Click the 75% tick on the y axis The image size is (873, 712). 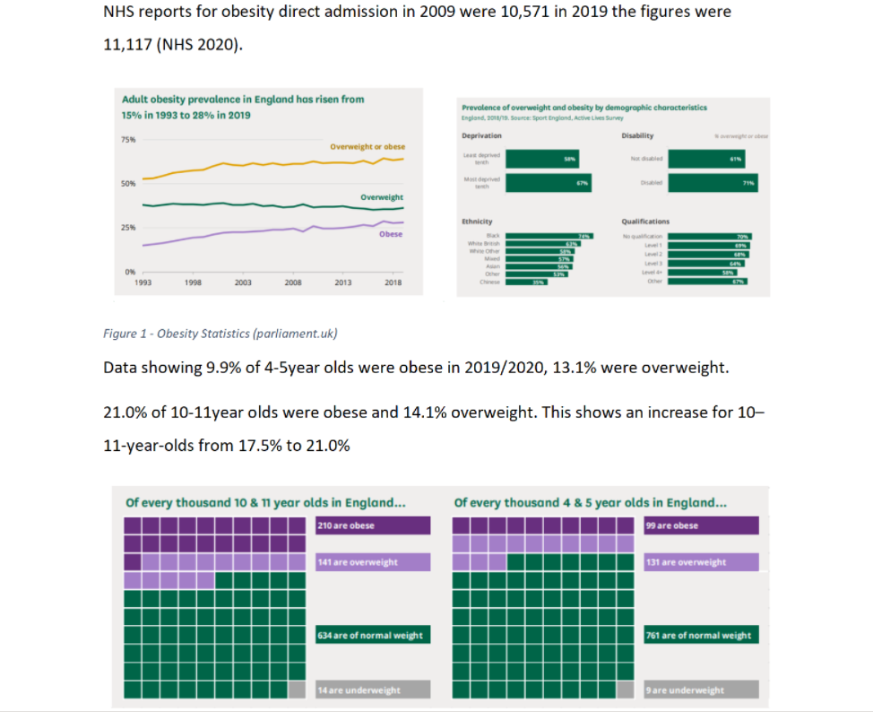pyautogui.click(x=127, y=140)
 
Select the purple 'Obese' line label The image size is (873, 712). pyautogui.click(x=390, y=234)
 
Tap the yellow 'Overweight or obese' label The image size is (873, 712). pyautogui.click(x=367, y=147)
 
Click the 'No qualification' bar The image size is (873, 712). pyautogui.click(x=713, y=236)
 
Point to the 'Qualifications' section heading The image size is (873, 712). pyautogui.click(x=645, y=221)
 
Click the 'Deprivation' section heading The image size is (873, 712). pyautogui.click(x=481, y=135)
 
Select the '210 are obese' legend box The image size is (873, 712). pyautogui.click(x=372, y=525)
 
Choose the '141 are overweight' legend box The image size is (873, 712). pyautogui.click(x=372, y=562)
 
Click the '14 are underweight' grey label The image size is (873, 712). pyautogui.click(x=372, y=690)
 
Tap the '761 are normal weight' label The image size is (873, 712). pyautogui.click(x=700, y=635)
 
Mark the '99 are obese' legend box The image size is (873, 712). pyautogui.click(x=700, y=525)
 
